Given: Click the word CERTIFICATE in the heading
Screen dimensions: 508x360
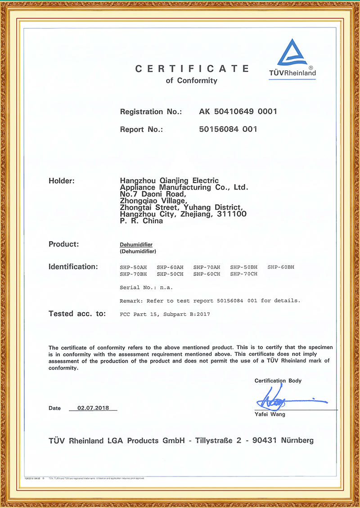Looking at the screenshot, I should click(192, 69).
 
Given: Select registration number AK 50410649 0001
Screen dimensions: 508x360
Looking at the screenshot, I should click(238, 112).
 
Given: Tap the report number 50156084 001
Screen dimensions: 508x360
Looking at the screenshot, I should click(228, 129).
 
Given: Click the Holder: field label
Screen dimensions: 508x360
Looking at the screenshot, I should click(61, 181).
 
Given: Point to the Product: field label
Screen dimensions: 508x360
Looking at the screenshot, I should click(63, 244).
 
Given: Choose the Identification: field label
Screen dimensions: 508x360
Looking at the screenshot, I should click(73, 267).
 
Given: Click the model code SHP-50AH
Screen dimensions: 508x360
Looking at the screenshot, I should click(133, 267).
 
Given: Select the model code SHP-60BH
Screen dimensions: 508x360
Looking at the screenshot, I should click(281, 267).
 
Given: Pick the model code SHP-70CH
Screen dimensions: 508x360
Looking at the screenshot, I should click(243, 274).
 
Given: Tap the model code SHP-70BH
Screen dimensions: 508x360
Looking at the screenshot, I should click(133, 274).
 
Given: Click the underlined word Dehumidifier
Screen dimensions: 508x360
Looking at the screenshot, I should click(136, 245).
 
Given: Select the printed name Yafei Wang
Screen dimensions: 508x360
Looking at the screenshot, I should click(270, 414).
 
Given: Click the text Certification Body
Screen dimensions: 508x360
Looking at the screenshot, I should click(278, 381).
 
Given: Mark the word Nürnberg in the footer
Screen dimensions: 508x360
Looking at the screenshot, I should click(297, 441).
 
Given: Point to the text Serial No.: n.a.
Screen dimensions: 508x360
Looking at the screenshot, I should click(146, 287).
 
